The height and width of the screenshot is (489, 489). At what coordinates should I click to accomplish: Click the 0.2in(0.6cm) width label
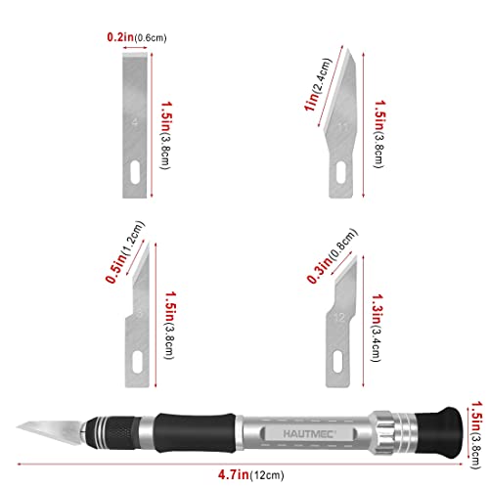(x=137, y=37)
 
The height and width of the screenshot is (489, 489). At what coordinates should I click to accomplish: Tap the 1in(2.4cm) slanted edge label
(x=317, y=85)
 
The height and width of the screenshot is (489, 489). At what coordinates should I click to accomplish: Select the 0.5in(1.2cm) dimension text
(x=125, y=251)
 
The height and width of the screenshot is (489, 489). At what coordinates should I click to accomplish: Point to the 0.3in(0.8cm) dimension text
(x=332, y=255)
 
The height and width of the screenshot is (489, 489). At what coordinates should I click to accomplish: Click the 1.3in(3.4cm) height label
(x=378, y=328)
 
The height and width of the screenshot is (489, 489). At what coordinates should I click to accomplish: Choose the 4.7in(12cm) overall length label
(x=250, y=474)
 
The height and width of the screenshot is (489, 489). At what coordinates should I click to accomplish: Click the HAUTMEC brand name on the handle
(x=308, y=434)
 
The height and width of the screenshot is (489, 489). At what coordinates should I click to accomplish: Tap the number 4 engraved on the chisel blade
(x=135, y=122)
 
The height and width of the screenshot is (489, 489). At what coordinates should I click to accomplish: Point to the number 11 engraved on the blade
(x=343, y=127)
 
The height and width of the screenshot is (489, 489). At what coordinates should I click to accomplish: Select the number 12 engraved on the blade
(x=339, y=317)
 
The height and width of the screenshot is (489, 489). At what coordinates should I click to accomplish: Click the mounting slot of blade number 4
(x=135, y=172)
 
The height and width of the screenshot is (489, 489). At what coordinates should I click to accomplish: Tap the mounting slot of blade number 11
(x=340, y=172)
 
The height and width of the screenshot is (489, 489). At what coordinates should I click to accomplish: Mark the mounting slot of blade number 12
(x=338, y=362)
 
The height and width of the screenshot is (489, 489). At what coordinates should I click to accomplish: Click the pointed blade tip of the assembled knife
(x=17, y=424)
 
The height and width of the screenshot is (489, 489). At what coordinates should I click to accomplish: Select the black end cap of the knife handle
(x=439, y=430)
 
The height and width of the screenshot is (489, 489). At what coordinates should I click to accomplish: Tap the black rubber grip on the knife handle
(x=195, y=433)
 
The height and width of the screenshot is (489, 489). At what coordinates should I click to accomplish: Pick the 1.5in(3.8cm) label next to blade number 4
(x=166, y=135)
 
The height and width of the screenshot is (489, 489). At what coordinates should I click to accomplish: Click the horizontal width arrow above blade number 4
(x=135, y=48)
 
